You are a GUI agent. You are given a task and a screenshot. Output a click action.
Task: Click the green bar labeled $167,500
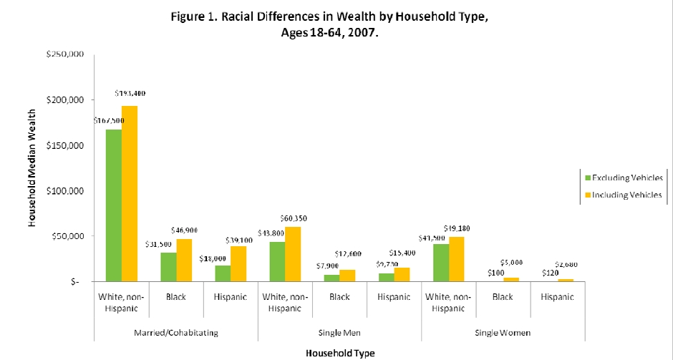pos(113,205)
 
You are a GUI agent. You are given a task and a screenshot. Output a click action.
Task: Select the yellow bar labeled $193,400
pos(130,193)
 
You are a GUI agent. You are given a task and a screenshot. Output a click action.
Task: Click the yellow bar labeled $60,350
pos(293,254)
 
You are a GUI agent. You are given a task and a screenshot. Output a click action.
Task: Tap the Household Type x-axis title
pos(340,353)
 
